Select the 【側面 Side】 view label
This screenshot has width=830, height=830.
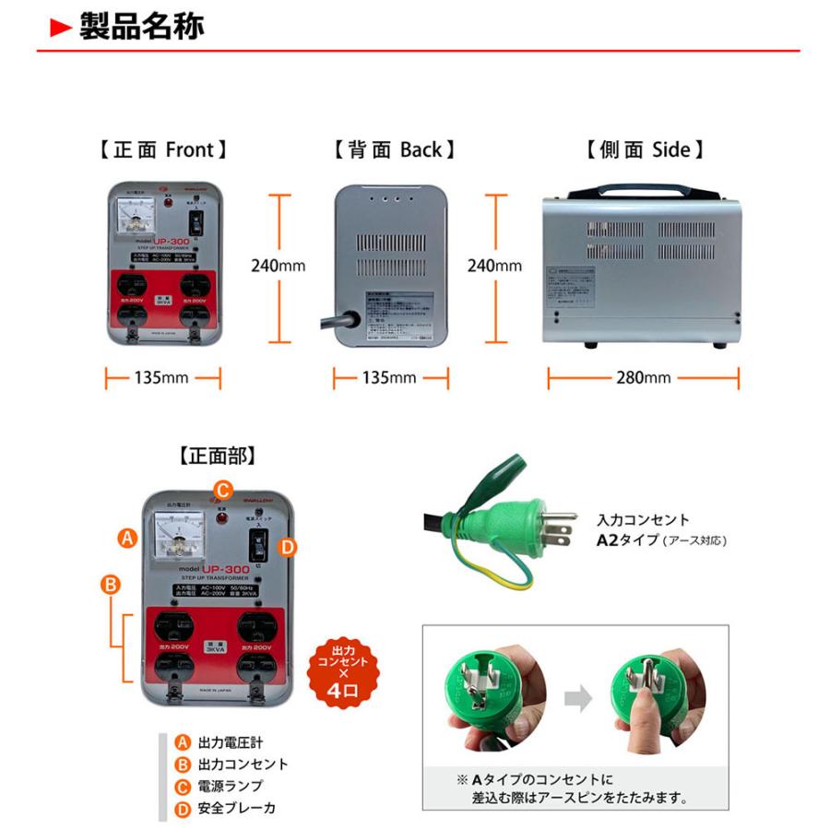click(x=645, y=149)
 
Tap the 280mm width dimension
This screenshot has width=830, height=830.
click(x=644, y=378)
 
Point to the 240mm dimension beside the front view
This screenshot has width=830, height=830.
click(x=278, y=267)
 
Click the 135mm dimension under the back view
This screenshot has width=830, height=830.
click(x=390, y=378)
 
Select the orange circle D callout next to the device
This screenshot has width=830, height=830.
click(x=288, y=547)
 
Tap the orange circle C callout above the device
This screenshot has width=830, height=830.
click(x=221, y=490)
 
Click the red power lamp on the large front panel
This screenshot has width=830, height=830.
click(x=221, y=518)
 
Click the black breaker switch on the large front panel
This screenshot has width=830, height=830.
click(x=261, y=547)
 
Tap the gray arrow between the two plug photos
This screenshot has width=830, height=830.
click(x=578, y=699)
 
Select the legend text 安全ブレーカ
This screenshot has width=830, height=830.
click(x=236, y=809)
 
